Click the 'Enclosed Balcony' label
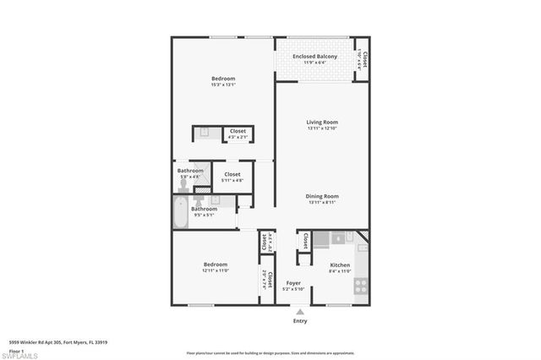(x=314, y=57)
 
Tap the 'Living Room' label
(x=322, y=123)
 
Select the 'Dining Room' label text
(x=322, y=196)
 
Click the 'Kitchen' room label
(x=340, y=265)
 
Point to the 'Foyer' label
(x=293, y=283)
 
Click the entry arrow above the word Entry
(x=300, y=312)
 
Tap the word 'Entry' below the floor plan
(x=300, y=321)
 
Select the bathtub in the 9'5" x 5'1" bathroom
(x=181, y=213)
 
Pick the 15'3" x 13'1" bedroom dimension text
(x=223, y=85)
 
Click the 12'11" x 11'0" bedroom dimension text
(x=215, y=270)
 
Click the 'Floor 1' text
(x=16, y=351)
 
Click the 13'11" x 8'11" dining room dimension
(x=322, y=203)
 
